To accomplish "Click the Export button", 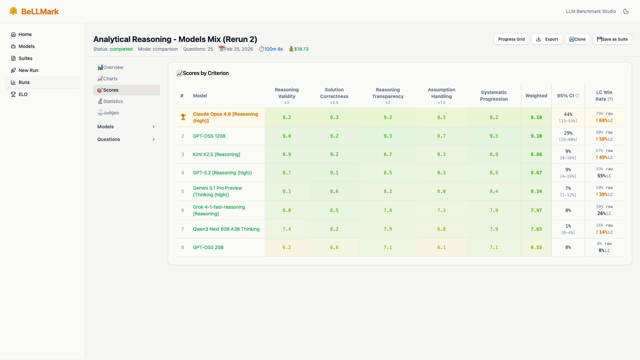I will (547, 39).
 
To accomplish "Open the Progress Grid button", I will (511, 39).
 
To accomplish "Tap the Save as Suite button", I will (612, 39).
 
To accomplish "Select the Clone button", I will (577, 39).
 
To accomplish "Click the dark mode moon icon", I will (626, 11).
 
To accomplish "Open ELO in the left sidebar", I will (23, 94).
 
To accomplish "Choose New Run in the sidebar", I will (28, 70).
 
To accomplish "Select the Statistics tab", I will (113, 101).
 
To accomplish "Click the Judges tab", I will (111, 113).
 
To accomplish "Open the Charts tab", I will (110, 79).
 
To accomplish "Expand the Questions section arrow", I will (154, 139).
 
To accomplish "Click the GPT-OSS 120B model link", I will (209, 136).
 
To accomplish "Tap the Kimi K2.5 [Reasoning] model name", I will (217, 154).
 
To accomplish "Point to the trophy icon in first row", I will (183, 117).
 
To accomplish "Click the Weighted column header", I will (536, 96).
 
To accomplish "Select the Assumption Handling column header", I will (441, 93).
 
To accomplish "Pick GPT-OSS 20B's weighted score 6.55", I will (536, 247).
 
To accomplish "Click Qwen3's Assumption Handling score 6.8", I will (441, 229).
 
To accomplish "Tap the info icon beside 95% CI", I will (577, 96).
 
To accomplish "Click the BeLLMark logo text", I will (40, 12).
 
